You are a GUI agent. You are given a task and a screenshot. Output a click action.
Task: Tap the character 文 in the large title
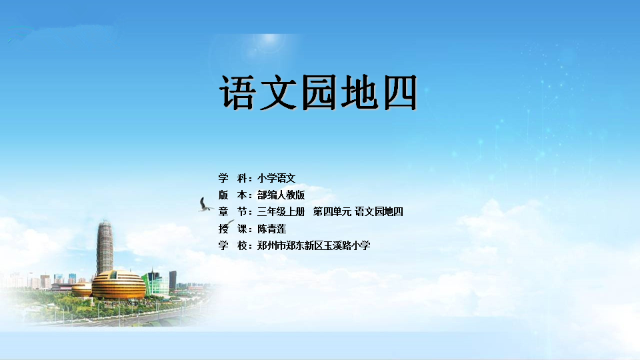279,92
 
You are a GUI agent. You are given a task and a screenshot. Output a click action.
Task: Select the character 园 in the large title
319,92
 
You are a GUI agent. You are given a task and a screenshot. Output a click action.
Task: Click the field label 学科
233,178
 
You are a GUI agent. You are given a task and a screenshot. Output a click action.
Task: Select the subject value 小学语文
276,178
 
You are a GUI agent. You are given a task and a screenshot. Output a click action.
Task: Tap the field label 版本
233,195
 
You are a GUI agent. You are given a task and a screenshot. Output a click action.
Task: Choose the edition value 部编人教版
281,195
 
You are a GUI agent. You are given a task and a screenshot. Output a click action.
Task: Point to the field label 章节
233,211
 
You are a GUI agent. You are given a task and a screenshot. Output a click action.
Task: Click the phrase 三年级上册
281,211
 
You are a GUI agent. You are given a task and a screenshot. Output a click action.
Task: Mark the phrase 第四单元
332,211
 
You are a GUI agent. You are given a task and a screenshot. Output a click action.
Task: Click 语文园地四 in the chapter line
379,211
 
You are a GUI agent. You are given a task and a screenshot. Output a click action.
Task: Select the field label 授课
233,229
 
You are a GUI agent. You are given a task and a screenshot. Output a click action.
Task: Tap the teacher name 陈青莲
271,229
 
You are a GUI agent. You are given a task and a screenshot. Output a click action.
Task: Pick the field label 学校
233,245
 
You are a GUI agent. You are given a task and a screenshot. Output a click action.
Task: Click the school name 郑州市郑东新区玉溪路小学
313,245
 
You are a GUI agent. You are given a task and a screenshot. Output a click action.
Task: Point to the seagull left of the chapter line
205,205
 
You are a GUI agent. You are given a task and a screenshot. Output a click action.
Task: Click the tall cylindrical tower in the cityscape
105,247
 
